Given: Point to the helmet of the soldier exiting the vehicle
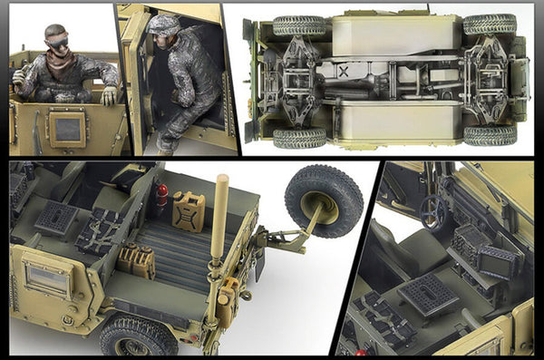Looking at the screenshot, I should click(x=164, y=24).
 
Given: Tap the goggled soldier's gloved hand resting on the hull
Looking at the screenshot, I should click(x=109, y=94).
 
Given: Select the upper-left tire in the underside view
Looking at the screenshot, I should click(x=298, y=24).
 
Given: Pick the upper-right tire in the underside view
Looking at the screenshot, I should click(x=490, y=24).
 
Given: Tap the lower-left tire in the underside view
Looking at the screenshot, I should click(x=300, y=137).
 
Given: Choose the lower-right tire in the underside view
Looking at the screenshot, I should click(x=491, y=135).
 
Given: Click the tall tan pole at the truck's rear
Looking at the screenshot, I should click(x=219, y=218).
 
